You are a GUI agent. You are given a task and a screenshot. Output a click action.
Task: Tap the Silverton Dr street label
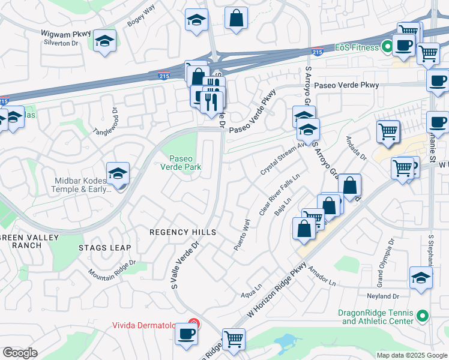(x=61, y=43)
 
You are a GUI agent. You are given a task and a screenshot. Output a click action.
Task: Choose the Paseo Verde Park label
(x=180, y=163)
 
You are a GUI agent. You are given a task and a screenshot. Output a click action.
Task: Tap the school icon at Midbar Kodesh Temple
(x=118, y=174)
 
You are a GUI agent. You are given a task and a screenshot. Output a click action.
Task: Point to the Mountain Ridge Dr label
(x=113, y=268)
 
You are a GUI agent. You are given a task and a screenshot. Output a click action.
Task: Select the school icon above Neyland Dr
(x=421, y=278)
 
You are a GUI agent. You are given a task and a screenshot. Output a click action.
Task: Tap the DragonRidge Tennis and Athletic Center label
(x=376, y=317)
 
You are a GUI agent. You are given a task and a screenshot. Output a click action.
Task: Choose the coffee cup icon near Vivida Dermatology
(x=186, y=334)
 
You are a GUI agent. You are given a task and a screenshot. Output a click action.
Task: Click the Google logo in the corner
(x=20, y=353)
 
